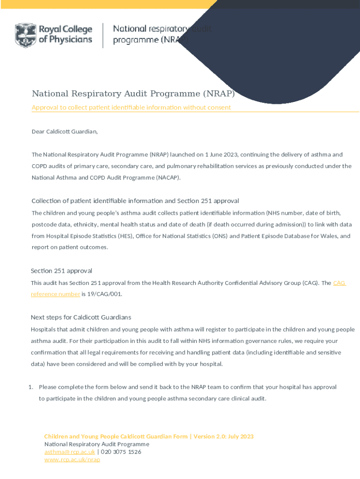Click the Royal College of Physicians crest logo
25,35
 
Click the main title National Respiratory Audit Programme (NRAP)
133,94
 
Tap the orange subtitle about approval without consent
131,108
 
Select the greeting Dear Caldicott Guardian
65,131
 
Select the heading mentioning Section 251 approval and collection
135,201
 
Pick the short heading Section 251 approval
61,271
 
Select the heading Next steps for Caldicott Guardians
81,317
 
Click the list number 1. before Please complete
30,387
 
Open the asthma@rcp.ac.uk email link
70,452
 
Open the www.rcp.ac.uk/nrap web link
72,460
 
